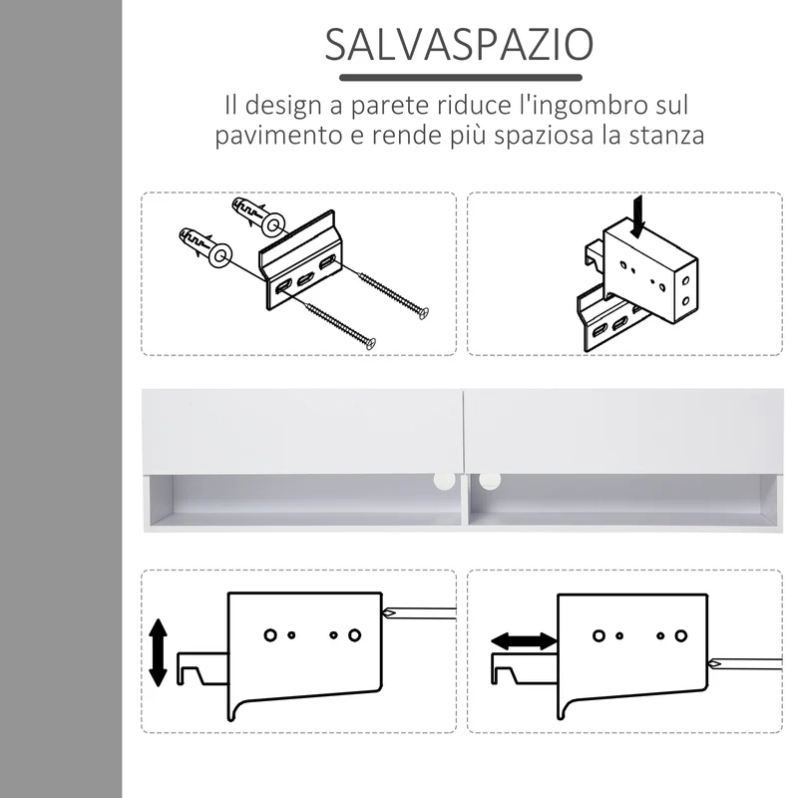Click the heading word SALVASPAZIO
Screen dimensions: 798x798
(x=459, y=45)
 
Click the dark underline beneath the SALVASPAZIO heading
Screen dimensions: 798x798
(x=461, y=78)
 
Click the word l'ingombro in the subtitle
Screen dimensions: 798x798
(x=587, y=106)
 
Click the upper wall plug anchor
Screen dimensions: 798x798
(x=258, y=216)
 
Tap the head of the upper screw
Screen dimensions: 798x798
(x=423, y=313)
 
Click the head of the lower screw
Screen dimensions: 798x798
(x=371, y=343)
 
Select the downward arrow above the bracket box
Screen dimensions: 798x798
(x=637, y=216)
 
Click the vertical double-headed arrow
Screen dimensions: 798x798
(x=158, y=652)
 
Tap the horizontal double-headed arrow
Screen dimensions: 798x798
(x=524, y=641)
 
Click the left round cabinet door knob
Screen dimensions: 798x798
(x=444, y=481)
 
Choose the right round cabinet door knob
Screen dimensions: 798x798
(x=490, y=480)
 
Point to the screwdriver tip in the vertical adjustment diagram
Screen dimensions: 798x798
(x=389, y=613)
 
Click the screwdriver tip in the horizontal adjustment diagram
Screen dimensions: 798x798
(x=715, y=663)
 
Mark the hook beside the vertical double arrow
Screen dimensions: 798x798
(x=202, y=667)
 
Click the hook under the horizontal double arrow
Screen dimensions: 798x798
(x=523, y=667)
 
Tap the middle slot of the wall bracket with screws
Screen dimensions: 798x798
(x=305, y=278)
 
